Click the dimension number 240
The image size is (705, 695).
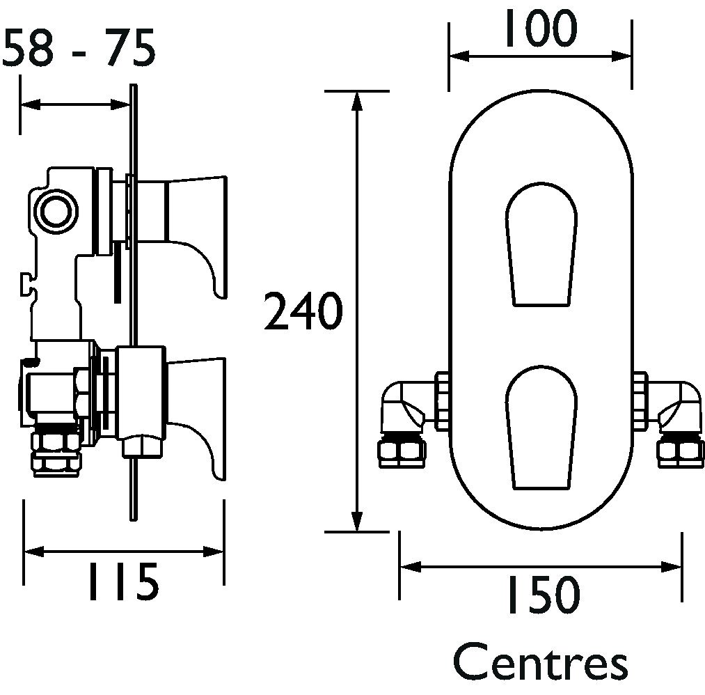click(303, 311)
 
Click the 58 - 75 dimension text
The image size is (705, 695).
click(79, 47)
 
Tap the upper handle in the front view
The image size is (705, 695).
click(541, 244)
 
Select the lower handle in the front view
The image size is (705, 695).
click(541, 427)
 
